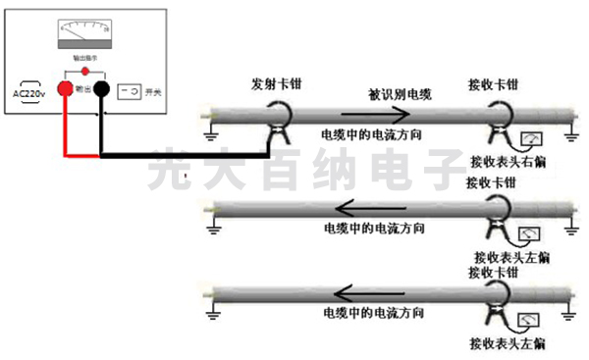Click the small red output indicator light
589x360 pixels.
click(86, 73)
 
